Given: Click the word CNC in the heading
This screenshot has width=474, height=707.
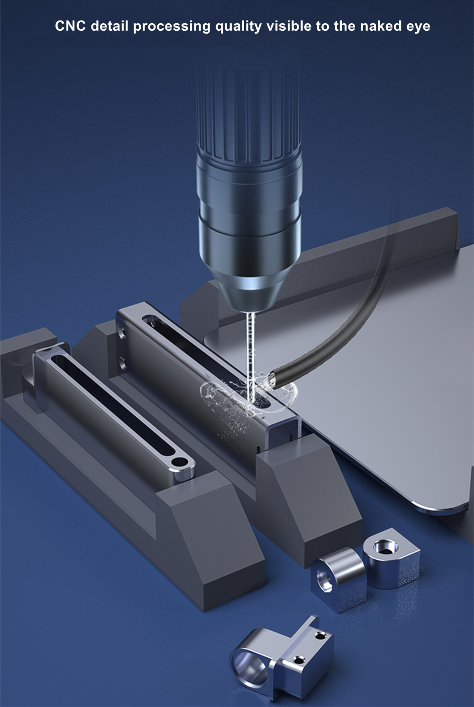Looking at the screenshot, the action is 70,26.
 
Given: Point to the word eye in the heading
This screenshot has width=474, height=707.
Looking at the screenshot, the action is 419,27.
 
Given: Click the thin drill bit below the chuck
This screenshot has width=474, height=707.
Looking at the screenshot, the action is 251,357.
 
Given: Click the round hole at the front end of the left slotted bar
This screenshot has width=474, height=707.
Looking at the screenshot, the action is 179,463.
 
